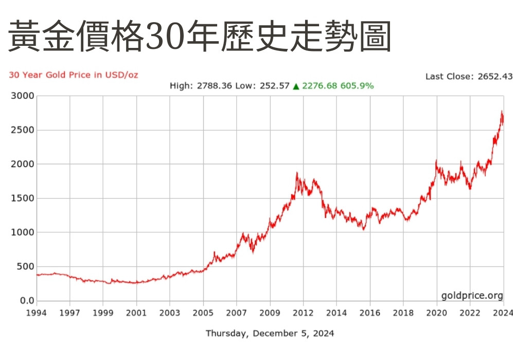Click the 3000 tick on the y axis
pyautogui.click(x=22, y=96)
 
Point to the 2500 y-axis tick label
pyautogui.click(x=22, y=130)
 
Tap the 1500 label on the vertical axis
pyautogui.click(x=22, y=198)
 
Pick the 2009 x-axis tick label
pyautogui.click(x=270, y=313)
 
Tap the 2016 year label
pyautogui.click(x=369, y=313)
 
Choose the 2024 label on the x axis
pyautogui.click(x=503, y=313)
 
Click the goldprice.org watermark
pyautogui.click(x=472, y=295)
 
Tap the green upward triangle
pyautogui.click(x=296, y=86)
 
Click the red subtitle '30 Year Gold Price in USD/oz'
pyautogui.click(x=74, y=75)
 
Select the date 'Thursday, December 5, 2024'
pyautogui.click(x=270, y=333)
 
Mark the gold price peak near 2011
pyautogui.click(x=297, y=174)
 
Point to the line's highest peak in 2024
pyautogui.click(x=502, y=111)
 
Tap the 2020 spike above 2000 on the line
pyautogui.click(x=436, y=161)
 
